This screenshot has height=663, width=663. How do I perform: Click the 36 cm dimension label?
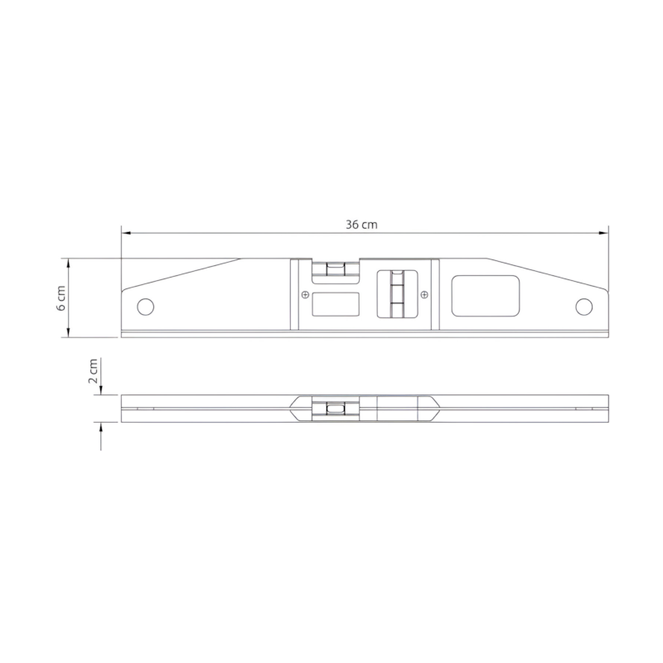361,225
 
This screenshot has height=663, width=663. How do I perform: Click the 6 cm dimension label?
61,298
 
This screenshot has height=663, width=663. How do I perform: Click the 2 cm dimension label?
93,370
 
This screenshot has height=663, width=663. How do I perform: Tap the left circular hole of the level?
146,307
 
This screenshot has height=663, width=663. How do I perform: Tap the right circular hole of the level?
584,307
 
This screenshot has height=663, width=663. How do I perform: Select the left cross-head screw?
305,295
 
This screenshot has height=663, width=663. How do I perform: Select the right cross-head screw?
424,295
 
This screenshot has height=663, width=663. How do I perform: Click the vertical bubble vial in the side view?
397,294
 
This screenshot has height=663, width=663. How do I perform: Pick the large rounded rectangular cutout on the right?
486,296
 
